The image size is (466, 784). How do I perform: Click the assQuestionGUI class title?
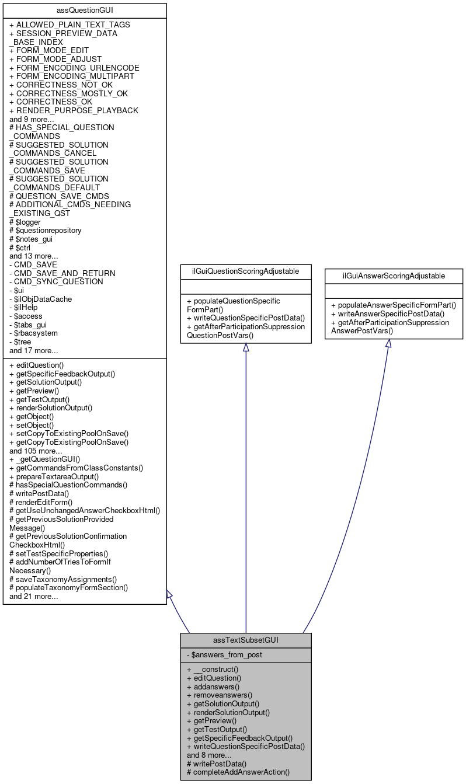click(x=85, y=10)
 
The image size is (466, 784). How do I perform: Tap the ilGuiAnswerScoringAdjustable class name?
click(x=394, y=275)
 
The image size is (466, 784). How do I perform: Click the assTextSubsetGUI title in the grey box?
click(x=245, y=640)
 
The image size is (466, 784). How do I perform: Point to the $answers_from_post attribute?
click(x=224, y=654)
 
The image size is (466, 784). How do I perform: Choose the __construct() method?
click(x=213, y=670)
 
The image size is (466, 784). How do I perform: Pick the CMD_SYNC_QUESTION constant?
click(x=56, y=281)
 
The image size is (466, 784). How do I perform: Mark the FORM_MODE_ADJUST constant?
click(x=55, y=59)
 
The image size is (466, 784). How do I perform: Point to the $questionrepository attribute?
click(x=46, y=230)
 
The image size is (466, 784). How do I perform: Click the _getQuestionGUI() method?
click(x=45, y=459)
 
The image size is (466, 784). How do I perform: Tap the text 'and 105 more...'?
click(x=36, y=451)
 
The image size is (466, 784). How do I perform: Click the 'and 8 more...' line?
click(x=209, y=755)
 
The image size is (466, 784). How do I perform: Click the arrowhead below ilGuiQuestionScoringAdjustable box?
click(x=245, y=348)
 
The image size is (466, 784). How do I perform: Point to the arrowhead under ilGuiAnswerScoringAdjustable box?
click(x=388, y=344)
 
